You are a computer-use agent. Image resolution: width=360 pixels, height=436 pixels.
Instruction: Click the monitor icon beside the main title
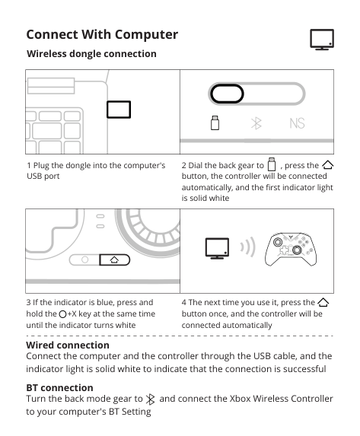click(x=322, y=40)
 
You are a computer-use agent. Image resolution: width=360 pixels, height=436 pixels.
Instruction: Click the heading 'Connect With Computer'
click(x=102, y=34)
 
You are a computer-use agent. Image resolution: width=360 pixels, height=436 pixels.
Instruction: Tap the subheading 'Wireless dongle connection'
click(x=91, y=54)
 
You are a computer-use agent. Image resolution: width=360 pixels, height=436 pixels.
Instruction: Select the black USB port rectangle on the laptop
click(x=119, y=110)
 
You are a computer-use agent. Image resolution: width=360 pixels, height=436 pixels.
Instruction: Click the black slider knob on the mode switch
click(x=227, y=94)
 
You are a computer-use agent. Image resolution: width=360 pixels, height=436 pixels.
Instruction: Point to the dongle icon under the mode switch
click(x=215, y=123)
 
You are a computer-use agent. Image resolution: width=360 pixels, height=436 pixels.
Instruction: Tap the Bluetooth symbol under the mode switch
click(x=256, y=123)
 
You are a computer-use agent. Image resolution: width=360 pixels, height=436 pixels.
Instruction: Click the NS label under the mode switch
click(x=297, y=123)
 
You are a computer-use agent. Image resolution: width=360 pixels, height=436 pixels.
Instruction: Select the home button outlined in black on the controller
click(x=115, y=259)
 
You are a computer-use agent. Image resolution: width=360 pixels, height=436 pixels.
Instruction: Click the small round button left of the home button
click(x=84, y=259)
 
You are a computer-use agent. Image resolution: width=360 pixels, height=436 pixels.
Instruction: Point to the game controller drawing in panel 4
click(x=291, y=249)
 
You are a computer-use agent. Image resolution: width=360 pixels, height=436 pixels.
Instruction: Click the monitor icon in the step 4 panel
click(x=217, y=248)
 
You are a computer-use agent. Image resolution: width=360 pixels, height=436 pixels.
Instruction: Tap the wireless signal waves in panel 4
click(x=247, y=247)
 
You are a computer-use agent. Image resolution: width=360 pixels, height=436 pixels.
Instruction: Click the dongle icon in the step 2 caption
click(x=272, y=164)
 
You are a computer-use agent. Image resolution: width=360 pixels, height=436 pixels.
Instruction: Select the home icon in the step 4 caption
click(x=323, y=302)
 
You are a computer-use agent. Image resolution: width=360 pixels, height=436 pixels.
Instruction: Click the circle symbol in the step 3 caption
click(x=62, y=314)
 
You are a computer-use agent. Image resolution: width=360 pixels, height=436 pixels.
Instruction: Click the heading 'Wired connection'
click(x=68, y=345)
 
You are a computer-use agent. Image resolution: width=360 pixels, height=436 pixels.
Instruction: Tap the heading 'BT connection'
click(x=59, y=387)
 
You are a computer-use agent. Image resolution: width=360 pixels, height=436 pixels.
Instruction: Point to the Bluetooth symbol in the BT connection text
click(x=150, y=399)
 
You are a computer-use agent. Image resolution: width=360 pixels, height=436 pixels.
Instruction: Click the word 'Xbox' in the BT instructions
click(x=240, y=399)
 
